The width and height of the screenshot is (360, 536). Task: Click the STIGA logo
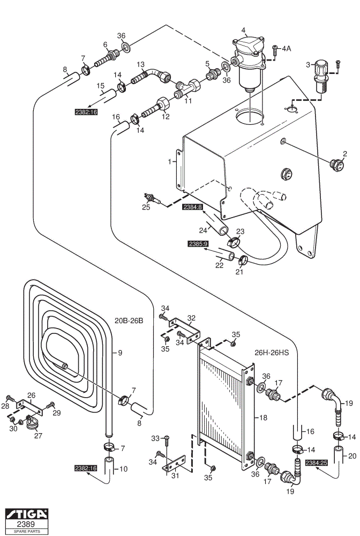pyautogui.click(x=27, y=514)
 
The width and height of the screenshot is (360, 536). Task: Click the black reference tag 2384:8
pyautogui.click(x=193, y=207)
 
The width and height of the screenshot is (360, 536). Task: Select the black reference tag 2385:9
pyautogui.click(x=198, y=244)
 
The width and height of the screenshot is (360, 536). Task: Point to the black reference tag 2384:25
pyautogui.click(x=317, y=463)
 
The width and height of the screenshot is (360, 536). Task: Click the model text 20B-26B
pyautogui.click(x=129, y=321)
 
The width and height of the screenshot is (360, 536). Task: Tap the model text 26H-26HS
pyautogui.click(x=272, y=353)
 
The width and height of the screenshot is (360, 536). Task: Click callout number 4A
pyautogui.click(x=286, y=49)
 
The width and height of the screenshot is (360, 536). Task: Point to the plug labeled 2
pyautogui.click(x=337, y=165)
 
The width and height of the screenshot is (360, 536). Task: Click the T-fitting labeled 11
pyautogui.click(x=187, y=88)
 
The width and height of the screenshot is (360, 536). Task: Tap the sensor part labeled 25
pyautogui.click(x=152, y=199)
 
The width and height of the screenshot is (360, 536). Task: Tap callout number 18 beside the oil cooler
pyautogui.click(x=264, y=418)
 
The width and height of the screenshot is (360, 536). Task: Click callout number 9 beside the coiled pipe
pyautogui.click(x=120, y=353)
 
